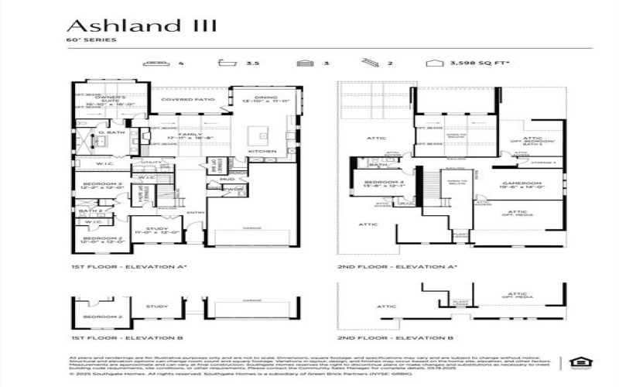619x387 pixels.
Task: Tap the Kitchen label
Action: point(257,150)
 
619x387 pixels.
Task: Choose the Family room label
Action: point(190,136)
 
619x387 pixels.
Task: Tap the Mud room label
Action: point(229,179)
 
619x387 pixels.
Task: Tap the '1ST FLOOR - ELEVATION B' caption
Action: point(126,337)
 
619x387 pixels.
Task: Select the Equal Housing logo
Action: point(576,361)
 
